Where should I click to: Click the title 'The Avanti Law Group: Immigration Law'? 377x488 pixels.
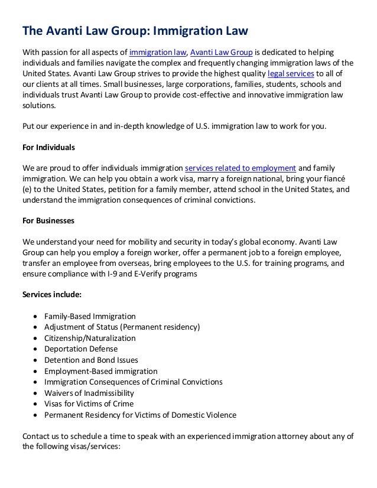point(135,30)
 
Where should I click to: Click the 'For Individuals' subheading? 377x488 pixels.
point(48,147)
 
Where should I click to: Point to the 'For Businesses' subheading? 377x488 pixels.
point(48,221)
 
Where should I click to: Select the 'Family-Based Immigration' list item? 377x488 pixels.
point(90,317)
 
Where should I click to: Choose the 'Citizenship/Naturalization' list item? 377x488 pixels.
point(90,339)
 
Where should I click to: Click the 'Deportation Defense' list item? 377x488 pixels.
point(81,349)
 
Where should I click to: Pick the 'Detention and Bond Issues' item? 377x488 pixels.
point(91,360)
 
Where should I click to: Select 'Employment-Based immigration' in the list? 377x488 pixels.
point(101,372)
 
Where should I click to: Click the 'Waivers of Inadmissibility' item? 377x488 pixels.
point(89,393)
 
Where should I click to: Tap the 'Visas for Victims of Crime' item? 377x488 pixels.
point(89,404)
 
